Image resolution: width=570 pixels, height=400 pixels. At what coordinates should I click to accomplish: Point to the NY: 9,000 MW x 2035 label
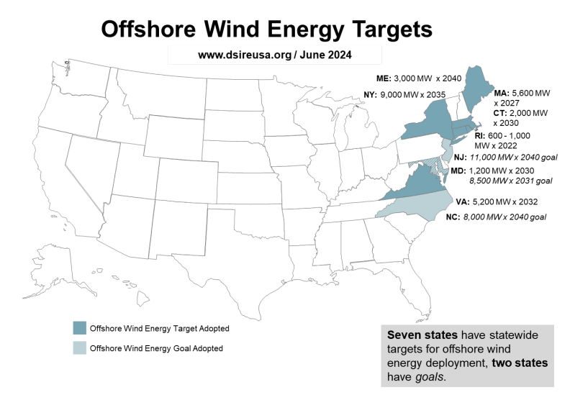tap(400, 94)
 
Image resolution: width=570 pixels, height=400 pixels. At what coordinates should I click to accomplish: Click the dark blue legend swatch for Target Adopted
tap(78, 328)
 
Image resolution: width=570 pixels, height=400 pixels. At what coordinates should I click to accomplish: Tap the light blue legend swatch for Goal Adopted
tap(78, 348)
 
